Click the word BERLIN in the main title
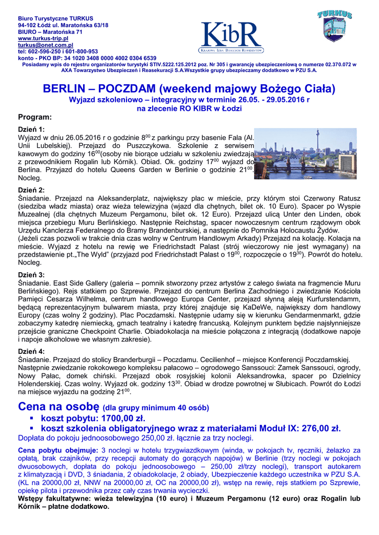coord(66,88)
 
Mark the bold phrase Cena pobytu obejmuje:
coord(58,449)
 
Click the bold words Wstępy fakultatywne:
coord(58,498)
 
